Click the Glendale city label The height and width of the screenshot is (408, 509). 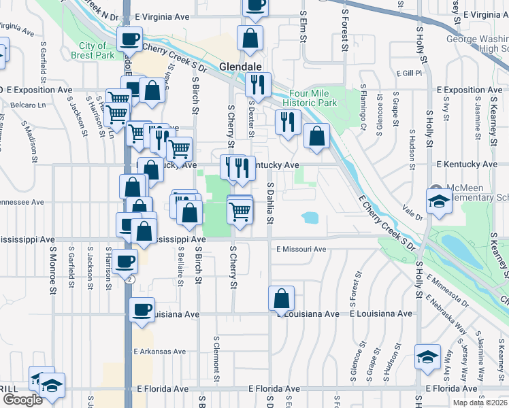tap(241, 67)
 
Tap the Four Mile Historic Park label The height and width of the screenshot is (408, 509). tap(313, 98)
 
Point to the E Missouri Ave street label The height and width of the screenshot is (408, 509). tap(301, 250)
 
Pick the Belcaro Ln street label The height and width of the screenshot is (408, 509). tap(27, 105)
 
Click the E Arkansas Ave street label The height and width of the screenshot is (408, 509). tap(160, 352)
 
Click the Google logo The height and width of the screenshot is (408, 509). tap(22, 400)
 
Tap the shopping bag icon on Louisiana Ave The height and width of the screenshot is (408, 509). tap(281, 299)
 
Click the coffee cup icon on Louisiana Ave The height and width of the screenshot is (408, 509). tap(142, 310)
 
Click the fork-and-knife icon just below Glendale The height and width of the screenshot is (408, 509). tap(258, 85)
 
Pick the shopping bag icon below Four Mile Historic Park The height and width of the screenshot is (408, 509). tap(316, 136)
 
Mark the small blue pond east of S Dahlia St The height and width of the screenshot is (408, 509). tap(310, 218)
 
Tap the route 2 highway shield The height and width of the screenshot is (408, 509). tap(131, 279)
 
